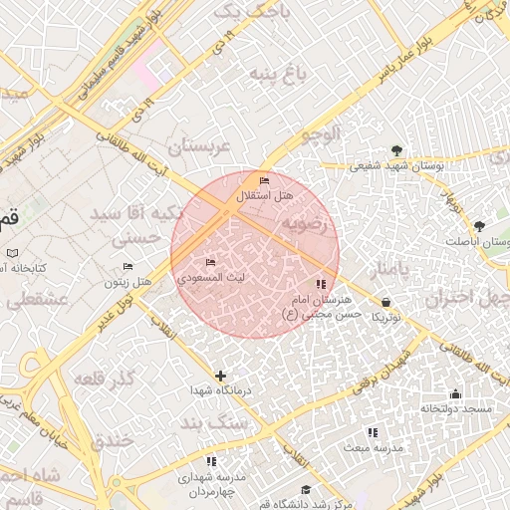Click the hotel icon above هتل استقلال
tap(264, 181)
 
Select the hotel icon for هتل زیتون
tap(127, 267)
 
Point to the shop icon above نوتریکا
tap(385, 302)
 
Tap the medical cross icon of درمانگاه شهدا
tap(220, 376)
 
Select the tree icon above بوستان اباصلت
tap(479, 227)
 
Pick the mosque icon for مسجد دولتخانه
tap(456, 393)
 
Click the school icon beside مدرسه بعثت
tap(373, 433)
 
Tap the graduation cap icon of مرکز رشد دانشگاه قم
tap(306, 489)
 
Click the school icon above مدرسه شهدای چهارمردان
tap(211, 462)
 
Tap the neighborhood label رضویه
tap(303, 224)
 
